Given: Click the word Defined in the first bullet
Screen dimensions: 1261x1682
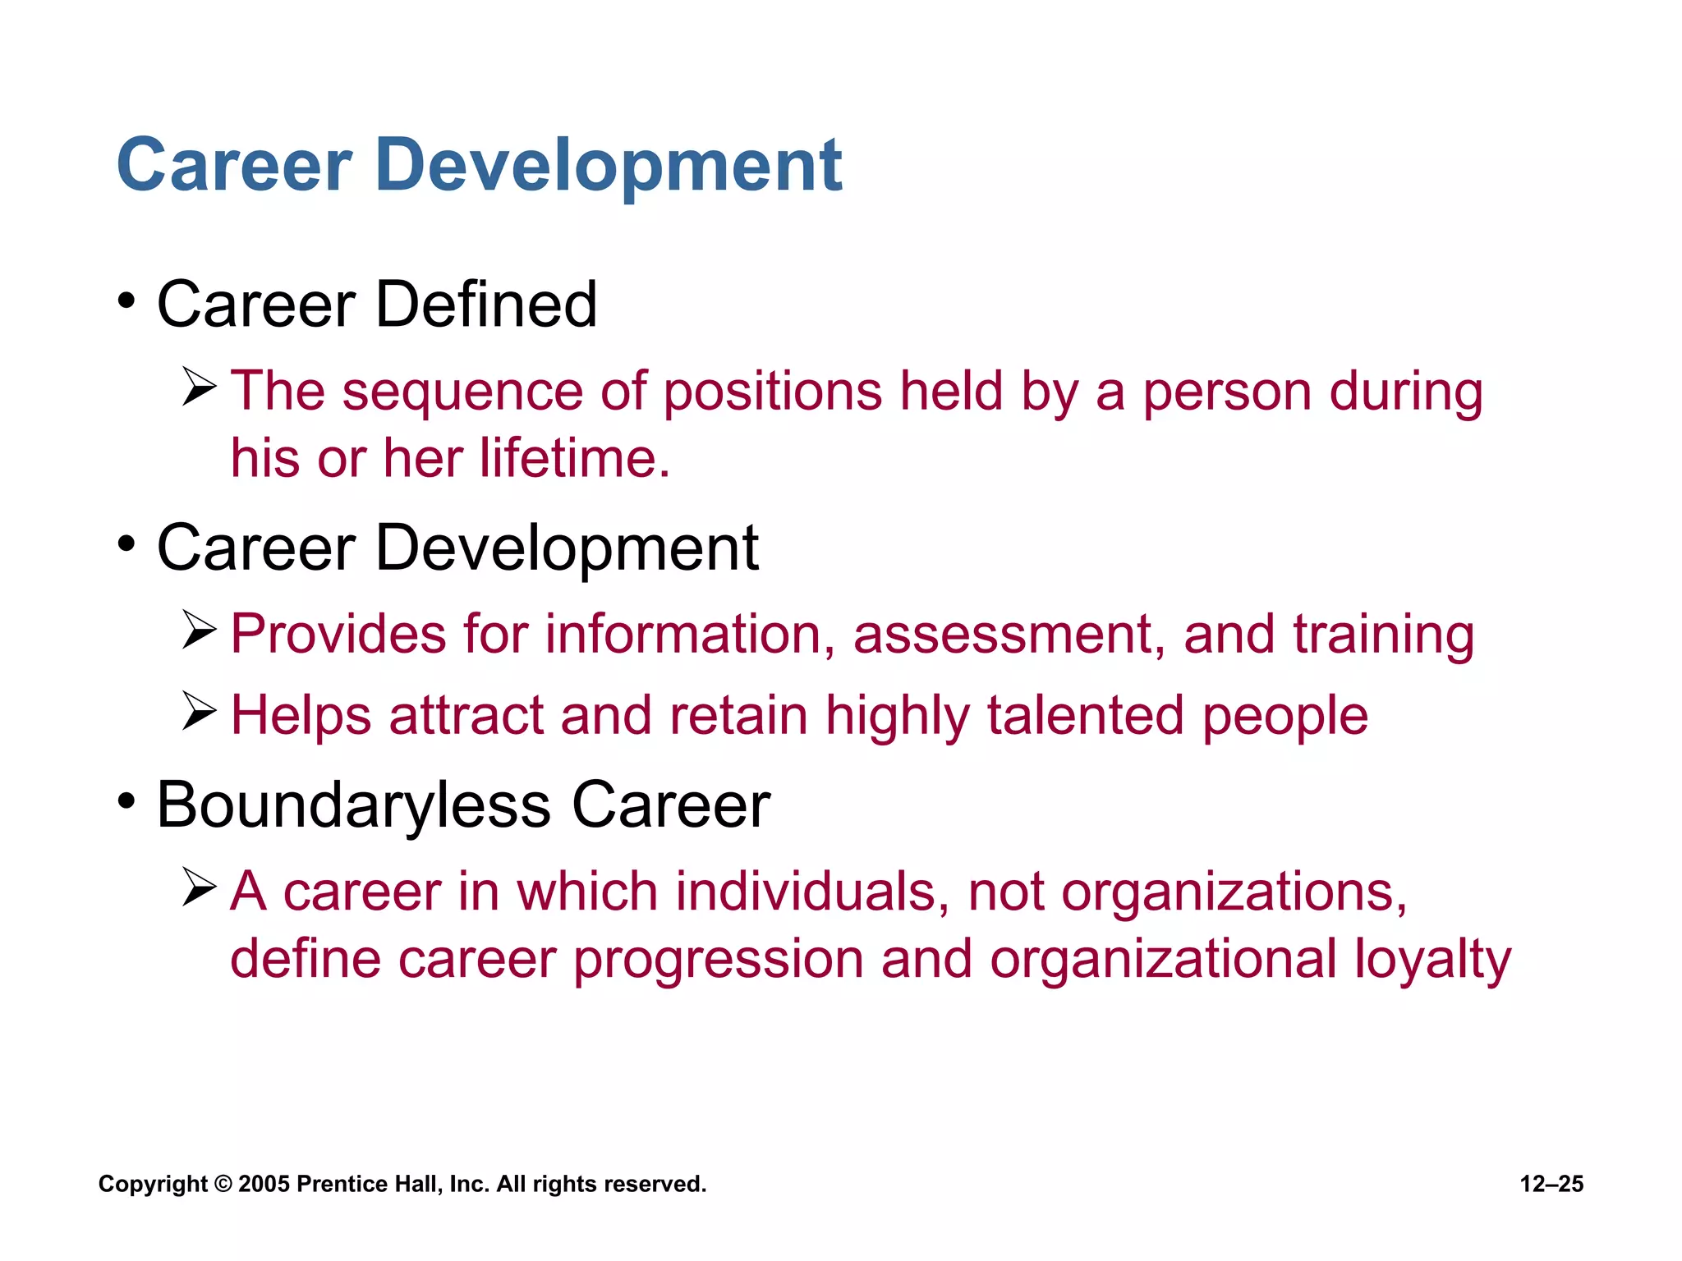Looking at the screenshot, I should (485, 305).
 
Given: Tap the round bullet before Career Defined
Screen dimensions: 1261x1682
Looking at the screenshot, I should (126, 300).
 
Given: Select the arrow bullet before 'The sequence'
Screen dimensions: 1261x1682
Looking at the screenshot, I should (199, 387).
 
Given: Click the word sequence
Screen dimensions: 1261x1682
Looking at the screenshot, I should (462, 392).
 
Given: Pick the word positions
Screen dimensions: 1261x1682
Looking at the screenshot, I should (772, 392).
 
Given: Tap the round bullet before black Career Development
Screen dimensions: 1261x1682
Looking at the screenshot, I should (126, 543).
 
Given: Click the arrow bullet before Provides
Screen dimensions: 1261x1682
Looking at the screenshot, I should (199, 630).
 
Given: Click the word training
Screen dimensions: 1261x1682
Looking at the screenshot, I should (1383, 636).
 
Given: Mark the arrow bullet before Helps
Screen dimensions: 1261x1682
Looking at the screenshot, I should (199, 710).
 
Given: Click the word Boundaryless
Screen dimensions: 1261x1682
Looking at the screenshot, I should (354, 805).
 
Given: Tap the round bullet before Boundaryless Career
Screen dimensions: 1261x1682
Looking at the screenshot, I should (126, 800).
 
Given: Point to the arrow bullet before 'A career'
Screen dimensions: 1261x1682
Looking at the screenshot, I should (199, 887).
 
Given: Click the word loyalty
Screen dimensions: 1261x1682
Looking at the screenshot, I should (1432, 960).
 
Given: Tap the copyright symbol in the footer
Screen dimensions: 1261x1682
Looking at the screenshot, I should (223, 1184).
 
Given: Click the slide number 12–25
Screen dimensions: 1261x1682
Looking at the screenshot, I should (1551, 1184).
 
